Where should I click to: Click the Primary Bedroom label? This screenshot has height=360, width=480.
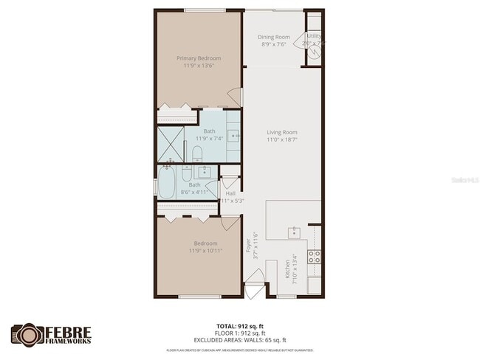pyautogui.click(x=198, y=58)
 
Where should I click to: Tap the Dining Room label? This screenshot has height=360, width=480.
pyautogui.click(x=272, y=37)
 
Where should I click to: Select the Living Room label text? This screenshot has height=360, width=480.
pyautogui.click(x=282, y=133)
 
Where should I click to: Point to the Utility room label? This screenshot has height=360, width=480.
pyautogui.click(x=314, y=35)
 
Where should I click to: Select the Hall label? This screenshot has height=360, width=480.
pyautogui.click(x=230, y=193)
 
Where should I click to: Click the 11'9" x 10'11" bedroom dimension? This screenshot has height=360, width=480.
pyautogui.click(x=205, y=251)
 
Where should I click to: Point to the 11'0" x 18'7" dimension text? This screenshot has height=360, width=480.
pyautogui.click(x=282, y=140)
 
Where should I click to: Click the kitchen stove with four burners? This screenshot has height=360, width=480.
pyautogui.click(x=314, y=257)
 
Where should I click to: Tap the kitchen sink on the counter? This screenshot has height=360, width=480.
pyautogui.click(x=293, y=232)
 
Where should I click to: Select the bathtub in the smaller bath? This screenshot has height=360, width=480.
pyautogui.click(x=168, y=182)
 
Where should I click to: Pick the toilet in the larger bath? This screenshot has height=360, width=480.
pyautogui.click(x=197, y=153)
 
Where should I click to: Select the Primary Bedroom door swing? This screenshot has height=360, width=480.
pyautogui.click(x=236, y=97)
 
